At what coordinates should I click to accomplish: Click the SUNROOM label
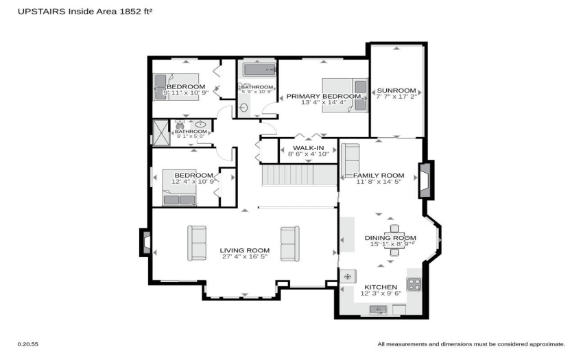396,91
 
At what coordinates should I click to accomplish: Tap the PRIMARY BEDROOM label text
324,96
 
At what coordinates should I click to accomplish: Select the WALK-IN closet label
308,148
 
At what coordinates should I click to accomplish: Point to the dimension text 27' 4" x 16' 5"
245,256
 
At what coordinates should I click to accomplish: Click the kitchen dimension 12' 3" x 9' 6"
381,293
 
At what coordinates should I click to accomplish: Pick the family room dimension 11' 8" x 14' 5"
379,182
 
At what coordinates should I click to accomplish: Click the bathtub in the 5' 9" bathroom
259,70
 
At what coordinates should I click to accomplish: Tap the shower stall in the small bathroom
161,133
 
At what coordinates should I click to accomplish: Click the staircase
299,175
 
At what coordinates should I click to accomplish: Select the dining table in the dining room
394,240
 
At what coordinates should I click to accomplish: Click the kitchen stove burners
414,285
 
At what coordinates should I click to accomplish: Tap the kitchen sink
378,309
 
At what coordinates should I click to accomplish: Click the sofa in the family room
350,160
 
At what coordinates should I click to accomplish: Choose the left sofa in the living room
197,243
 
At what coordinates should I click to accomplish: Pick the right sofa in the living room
290,243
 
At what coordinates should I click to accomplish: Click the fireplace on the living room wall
145,243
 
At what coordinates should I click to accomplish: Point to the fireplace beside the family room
426,180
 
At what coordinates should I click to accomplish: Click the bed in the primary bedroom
345,95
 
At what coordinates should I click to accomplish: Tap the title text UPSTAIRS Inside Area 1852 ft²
85,11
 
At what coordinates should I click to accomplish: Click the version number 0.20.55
28,344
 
